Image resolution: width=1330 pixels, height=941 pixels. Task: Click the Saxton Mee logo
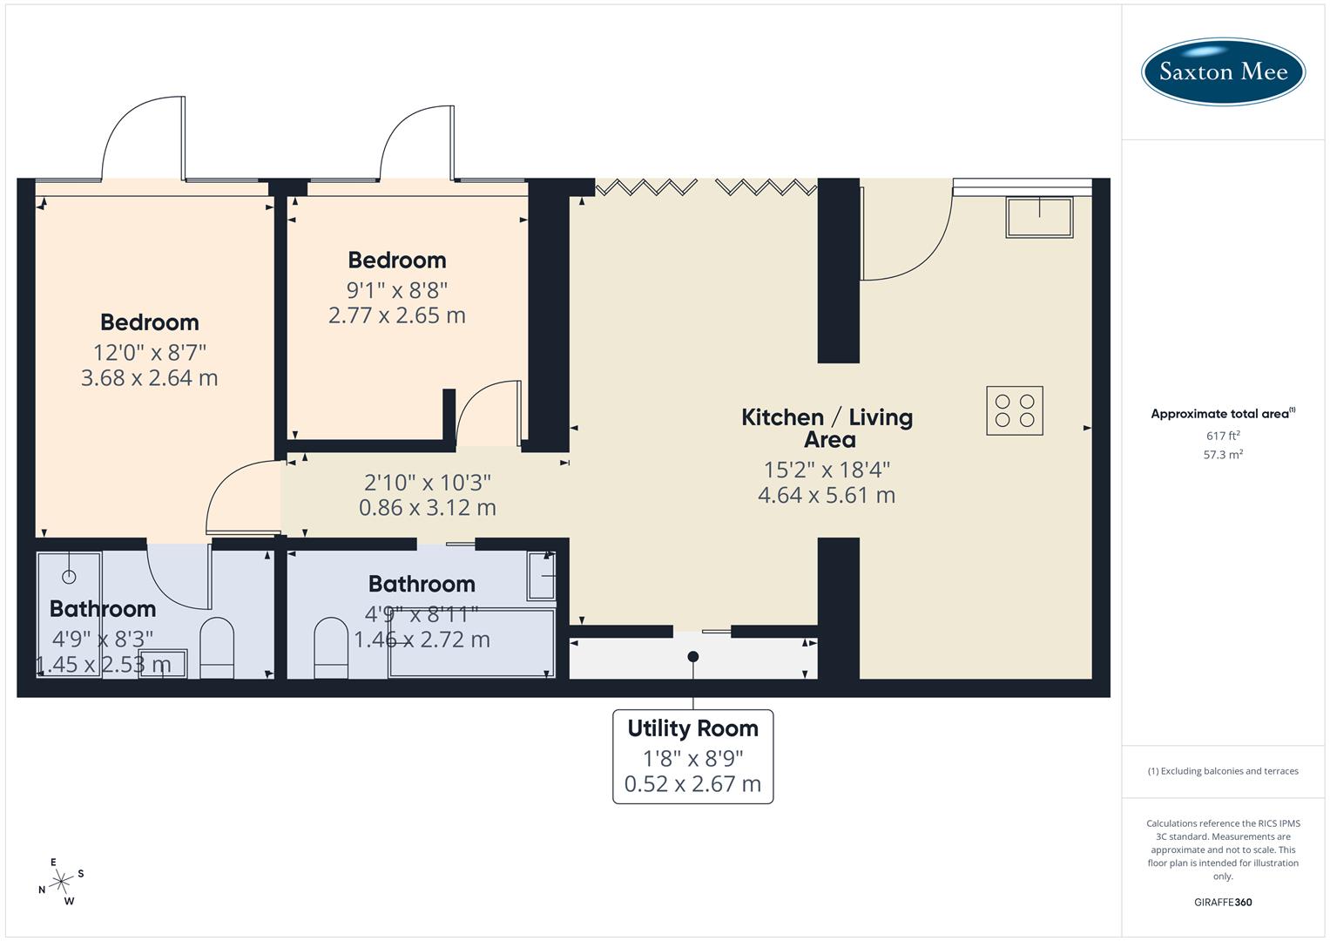[x=1223, y=71]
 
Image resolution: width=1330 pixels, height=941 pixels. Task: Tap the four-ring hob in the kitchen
[x=1015, y=410]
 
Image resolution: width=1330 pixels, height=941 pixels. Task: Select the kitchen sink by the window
[x=1039, y=217]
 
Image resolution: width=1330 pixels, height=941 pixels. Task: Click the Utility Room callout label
[x=693, y=728]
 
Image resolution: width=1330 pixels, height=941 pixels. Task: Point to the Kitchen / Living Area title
[x=827, y=428]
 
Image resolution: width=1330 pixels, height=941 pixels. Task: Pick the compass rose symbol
[x=61, y=882]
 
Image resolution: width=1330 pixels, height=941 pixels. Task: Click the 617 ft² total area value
[x=1223, y=436]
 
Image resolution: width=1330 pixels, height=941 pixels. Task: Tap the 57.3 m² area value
[x=1223, y=454]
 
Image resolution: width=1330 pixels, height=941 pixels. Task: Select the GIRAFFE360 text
[x=1223, y=902]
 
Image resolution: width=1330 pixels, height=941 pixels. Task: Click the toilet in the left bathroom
[x=217, y=648]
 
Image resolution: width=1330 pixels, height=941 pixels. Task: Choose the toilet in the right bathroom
[x=331, y=648]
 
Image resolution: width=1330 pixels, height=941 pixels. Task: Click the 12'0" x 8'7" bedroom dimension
[x=150, y=352]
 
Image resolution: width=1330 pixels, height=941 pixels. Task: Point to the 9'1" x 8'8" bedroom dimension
[x=397, y=289]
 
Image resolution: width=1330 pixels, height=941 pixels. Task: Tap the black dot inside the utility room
[x=693, y=656]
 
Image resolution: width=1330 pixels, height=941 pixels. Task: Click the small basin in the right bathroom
[x=542, y=575]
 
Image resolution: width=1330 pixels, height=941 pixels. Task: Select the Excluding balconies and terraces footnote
[x=1223, y=771]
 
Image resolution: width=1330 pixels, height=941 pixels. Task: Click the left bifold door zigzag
[x=646, y=186]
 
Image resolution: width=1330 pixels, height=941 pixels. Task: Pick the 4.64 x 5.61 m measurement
[x=827, y=495]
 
